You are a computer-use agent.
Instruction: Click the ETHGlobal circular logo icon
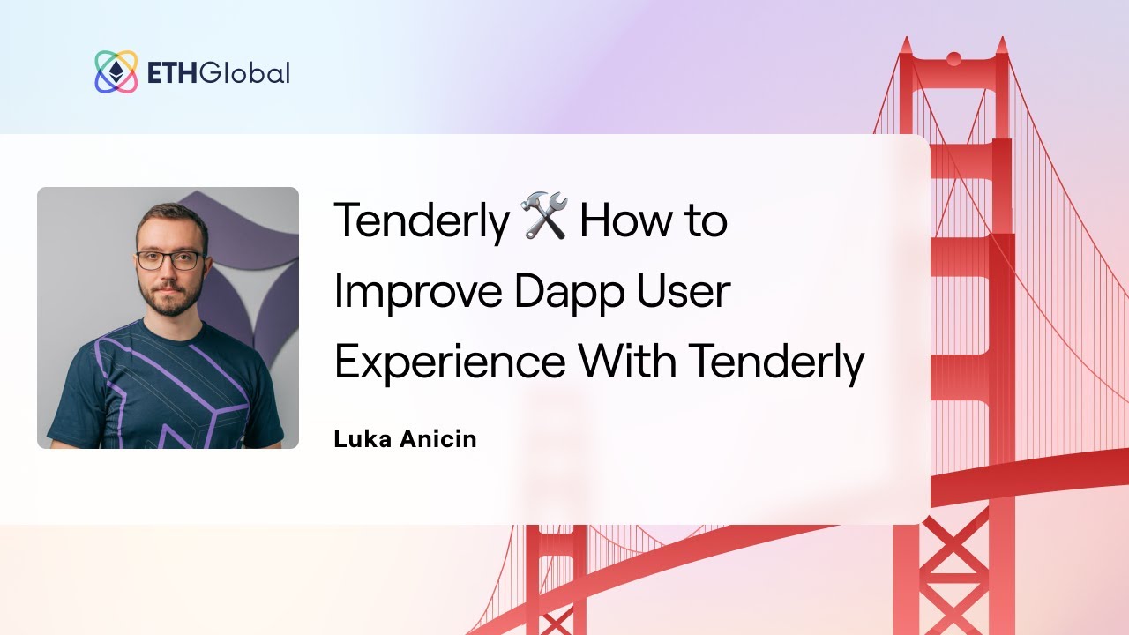[x=116, y=72]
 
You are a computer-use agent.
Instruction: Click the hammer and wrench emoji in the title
[x=544, y=220]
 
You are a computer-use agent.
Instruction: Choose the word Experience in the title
[x=449, y=362]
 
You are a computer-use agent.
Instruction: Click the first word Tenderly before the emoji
[x=422, y=220]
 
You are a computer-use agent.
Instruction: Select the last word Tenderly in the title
[x=776, y=362]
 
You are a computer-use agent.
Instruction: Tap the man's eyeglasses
[x=169, y=260]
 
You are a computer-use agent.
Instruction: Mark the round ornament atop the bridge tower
[x=953, y=59]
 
